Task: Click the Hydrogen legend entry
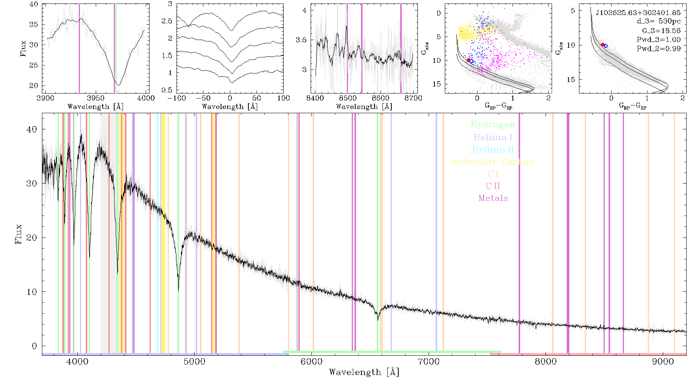[492, 125]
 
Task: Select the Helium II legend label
[493, 149]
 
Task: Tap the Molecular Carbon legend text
[493, 162]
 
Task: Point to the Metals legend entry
[493, 198]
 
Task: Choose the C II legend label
[493, 186]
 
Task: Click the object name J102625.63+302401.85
[638, 13]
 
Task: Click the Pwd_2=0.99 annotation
[659, 49]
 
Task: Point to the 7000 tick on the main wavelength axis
[429, 362]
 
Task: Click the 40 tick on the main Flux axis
[32, 129]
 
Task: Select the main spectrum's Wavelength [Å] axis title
[364, 372]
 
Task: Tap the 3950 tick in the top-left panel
[95, 98]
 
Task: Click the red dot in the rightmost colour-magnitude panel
[603, 45]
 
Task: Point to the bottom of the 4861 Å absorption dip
[178, 291]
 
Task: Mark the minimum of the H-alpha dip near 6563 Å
[378, 320]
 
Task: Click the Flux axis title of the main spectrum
[18, 234]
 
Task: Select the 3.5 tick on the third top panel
[301, 40]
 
